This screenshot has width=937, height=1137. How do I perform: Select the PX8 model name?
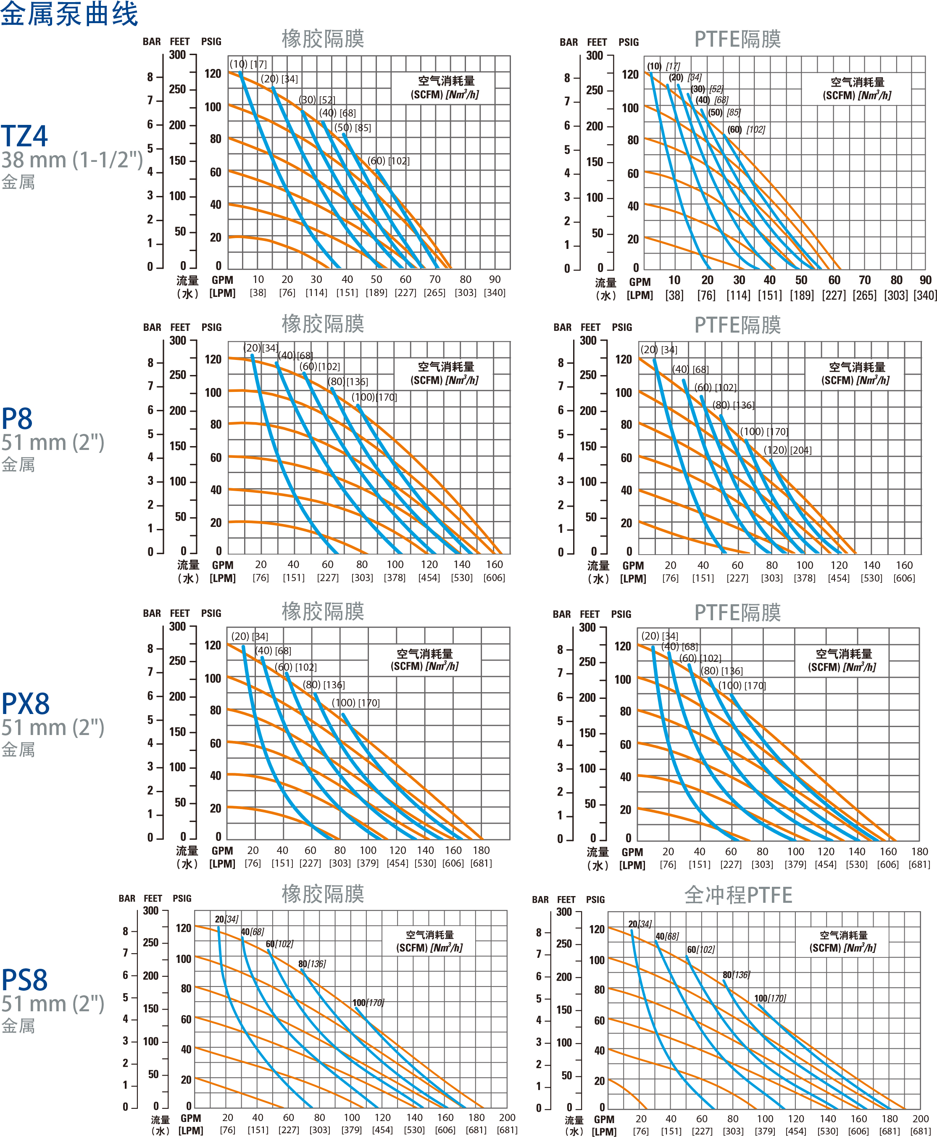(x=25, y=704)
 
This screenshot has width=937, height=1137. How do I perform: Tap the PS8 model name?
(x=24, y=980)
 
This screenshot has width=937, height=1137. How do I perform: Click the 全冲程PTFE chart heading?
(x=738, y=895)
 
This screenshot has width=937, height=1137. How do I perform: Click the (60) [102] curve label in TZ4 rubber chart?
(x=388, y=161)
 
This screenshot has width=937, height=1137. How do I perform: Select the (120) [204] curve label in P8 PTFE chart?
(x=787, y=450)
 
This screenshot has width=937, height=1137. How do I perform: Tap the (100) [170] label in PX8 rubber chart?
(x=355, y=703)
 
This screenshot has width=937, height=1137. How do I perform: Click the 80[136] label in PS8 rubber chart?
(x=312, y=964)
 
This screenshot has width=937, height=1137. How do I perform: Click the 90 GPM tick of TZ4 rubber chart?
(x=495, y=279)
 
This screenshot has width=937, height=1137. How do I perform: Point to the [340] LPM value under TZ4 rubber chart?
(x=495, y=293)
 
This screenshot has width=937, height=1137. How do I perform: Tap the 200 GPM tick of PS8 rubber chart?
(x=507, y=1117)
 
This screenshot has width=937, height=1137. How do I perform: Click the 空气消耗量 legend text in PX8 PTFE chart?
(x=843, y=653)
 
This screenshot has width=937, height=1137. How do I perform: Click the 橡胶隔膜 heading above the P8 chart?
(x=323, y=323)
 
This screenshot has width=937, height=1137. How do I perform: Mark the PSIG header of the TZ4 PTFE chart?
(x=628, y=42)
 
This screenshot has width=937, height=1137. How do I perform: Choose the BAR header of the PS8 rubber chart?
(x=127, y=898)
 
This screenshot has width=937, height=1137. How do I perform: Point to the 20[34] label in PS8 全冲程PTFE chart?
(x=640, y=924)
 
